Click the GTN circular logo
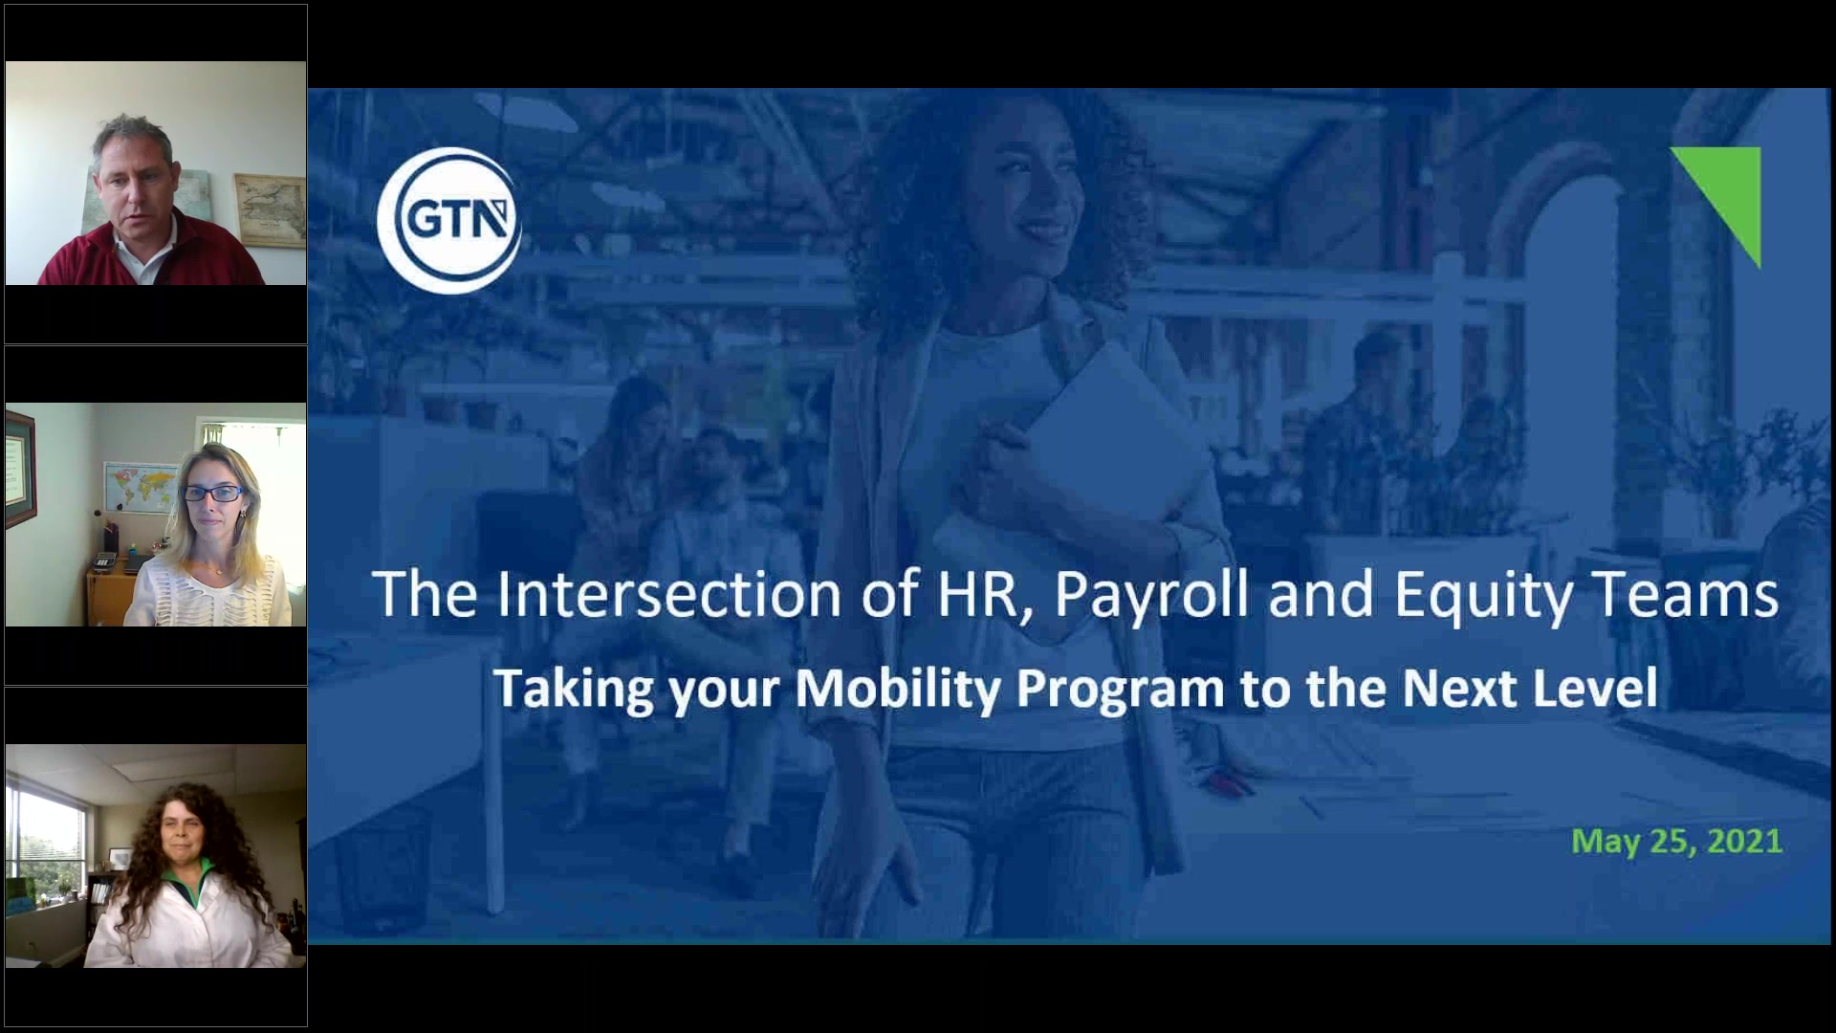448,220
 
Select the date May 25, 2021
1676,841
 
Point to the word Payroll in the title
1151,594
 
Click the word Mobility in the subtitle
897,688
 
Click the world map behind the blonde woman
141,488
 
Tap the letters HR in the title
977,594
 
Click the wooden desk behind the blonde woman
110,593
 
